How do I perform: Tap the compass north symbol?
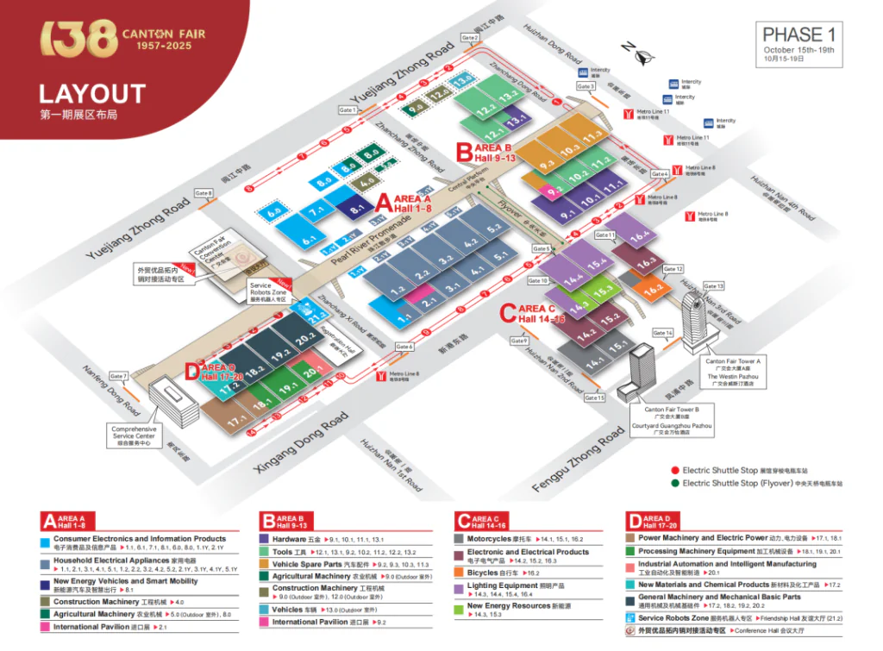click(x=639, y=54)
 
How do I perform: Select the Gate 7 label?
click(x=118, y=376)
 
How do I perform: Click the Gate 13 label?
click(x=714, y=285)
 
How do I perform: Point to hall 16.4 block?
click(x=639, y=236)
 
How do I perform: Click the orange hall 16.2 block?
click(x=653, y=290)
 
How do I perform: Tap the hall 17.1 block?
click(x=237, y=422)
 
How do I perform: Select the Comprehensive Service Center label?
click(x=134, y=433)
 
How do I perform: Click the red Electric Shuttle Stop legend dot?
click(x=676, y=470)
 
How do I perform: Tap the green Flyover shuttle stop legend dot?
click(x=676, y=483)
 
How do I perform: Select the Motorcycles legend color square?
click(x=460, y=539)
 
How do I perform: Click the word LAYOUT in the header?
click(x=92, y=93)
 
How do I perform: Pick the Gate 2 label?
click(x=469, y=38)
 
